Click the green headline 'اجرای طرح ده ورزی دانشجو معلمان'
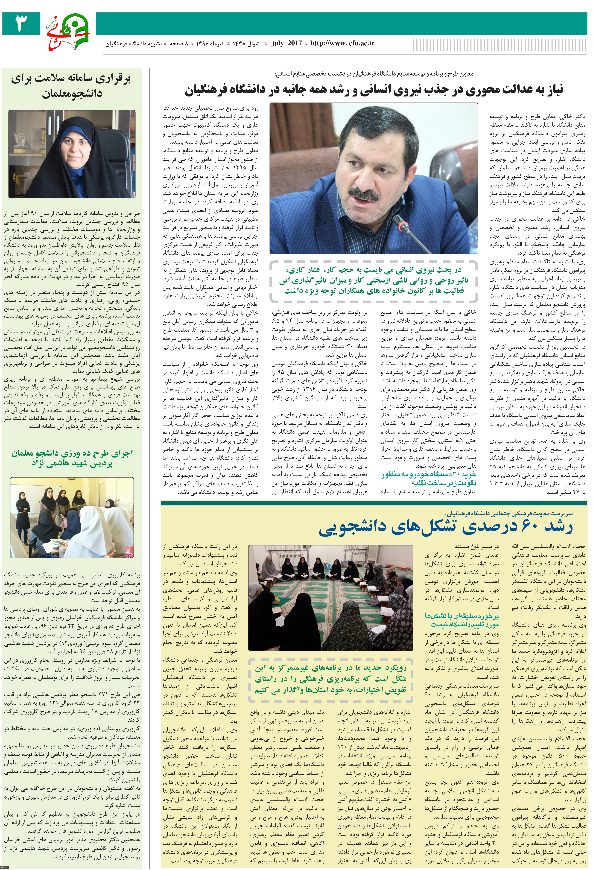coord(72,458)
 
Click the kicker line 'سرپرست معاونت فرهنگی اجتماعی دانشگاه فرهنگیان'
coord(508,514)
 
